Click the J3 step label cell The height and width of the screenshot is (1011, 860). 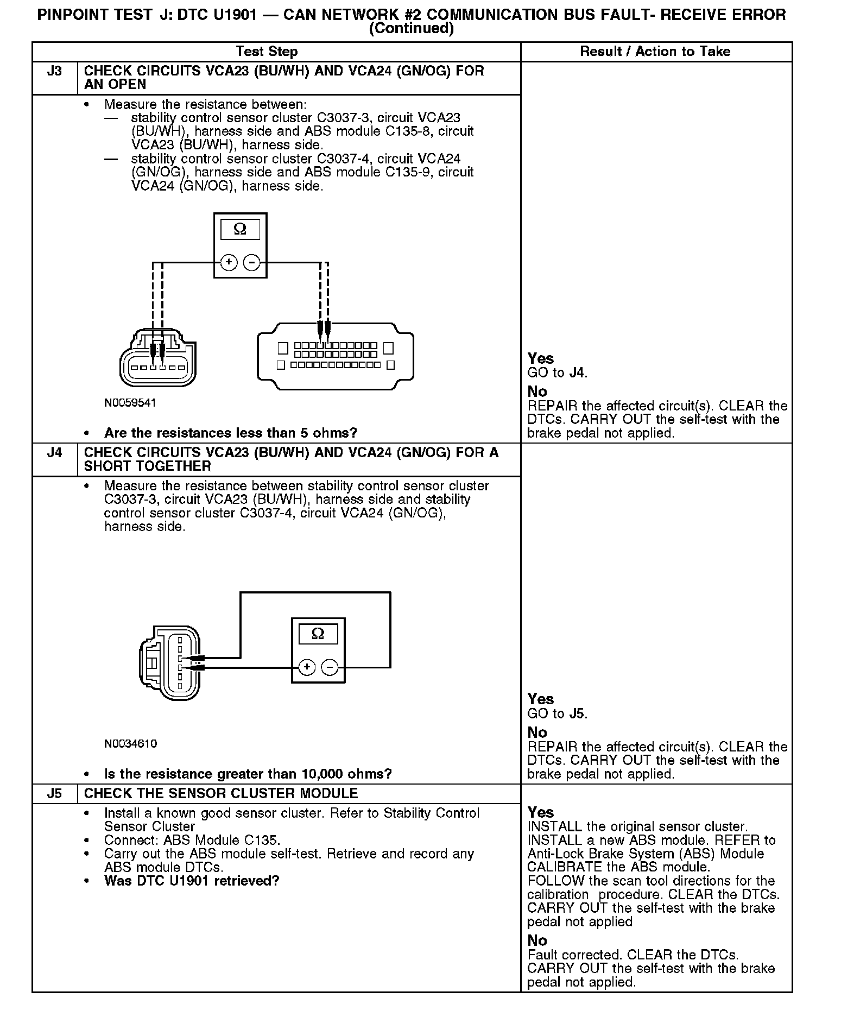pos(54,71)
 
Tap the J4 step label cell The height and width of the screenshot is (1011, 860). pos(54,453)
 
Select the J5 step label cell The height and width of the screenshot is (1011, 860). pos(54,794)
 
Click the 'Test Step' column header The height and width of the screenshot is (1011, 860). pos(267,52)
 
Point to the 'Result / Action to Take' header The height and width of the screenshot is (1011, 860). pos(655,52)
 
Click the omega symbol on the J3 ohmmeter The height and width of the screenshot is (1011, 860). pos(240,230)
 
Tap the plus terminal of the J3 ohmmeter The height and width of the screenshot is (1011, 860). pos(229,262)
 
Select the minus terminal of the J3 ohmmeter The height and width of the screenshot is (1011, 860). pos(251,262)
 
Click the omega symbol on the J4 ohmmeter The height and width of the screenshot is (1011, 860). pos(318,634)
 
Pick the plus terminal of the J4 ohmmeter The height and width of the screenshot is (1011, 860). pos(307,667)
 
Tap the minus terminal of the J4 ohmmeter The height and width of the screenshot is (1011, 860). pos(330,667)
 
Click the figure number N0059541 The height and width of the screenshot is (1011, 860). pos(130,403)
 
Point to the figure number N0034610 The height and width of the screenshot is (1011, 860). pos(130,743)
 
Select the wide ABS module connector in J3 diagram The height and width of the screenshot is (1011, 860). pos(335,356)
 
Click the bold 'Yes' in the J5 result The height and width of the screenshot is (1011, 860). pos(541,812)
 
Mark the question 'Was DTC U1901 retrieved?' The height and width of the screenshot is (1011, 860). pos(192,881)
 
